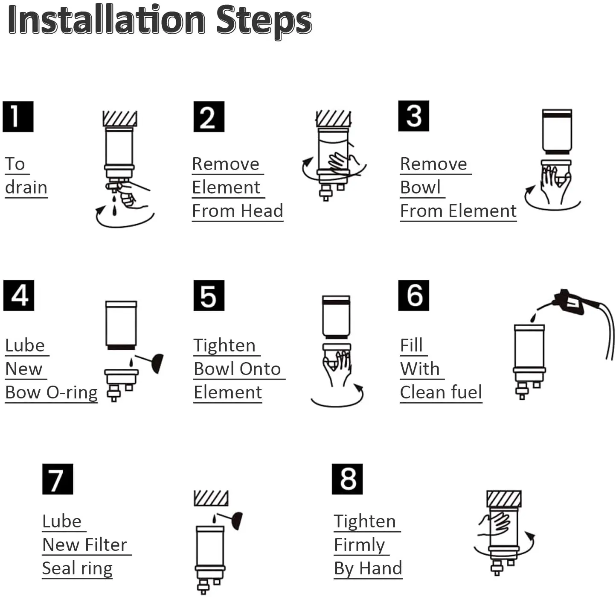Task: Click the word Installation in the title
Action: click(107, 20)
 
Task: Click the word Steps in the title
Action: click(264, 21)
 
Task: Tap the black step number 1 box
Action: click(18, 117)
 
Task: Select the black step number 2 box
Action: click(209, 117)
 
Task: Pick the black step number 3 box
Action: click(413, 116)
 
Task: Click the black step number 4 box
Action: click(19, 295)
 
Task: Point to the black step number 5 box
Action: click(209, 295)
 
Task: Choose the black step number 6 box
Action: click(413, 295)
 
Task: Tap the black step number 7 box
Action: click(58, 479)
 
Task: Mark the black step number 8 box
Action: click(347, 479)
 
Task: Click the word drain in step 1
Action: click(26, 187)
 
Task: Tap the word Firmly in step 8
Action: click(359, 545)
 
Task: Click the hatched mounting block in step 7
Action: click(211, 498)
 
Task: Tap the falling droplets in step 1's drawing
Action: click(114, 205)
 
